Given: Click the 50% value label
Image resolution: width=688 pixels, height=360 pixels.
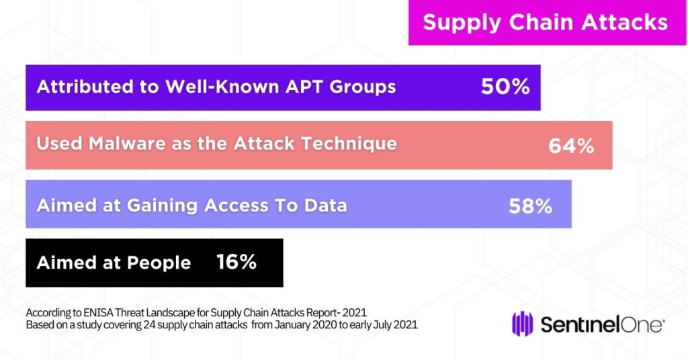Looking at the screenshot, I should pos(505,87).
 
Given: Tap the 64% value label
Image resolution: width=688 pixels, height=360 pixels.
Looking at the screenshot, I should pos(571,146).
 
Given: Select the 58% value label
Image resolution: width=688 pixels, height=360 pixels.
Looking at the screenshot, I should pos(530,206).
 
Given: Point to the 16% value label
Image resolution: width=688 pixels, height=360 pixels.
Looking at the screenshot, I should pos(236,262).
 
